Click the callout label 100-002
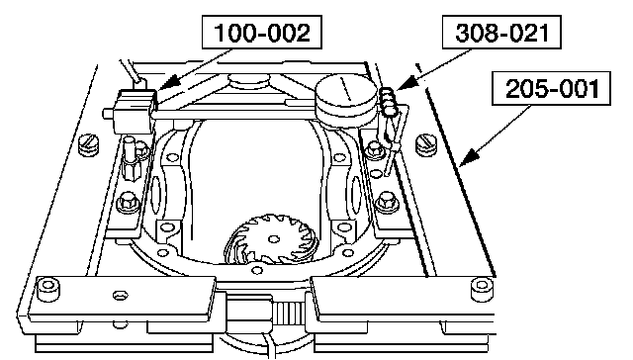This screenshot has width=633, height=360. click(x=261, y=33)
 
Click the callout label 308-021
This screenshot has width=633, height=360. click(x=501, y=33)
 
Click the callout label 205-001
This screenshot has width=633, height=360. click(x=552, y=88)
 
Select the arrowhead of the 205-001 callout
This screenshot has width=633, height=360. click(x=468, y=157)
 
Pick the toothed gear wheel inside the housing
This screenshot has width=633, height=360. click(x=272, y=240)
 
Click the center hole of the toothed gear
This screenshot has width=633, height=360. click(x=274, y=239)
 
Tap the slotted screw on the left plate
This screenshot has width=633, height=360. click(x=89, y=144)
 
